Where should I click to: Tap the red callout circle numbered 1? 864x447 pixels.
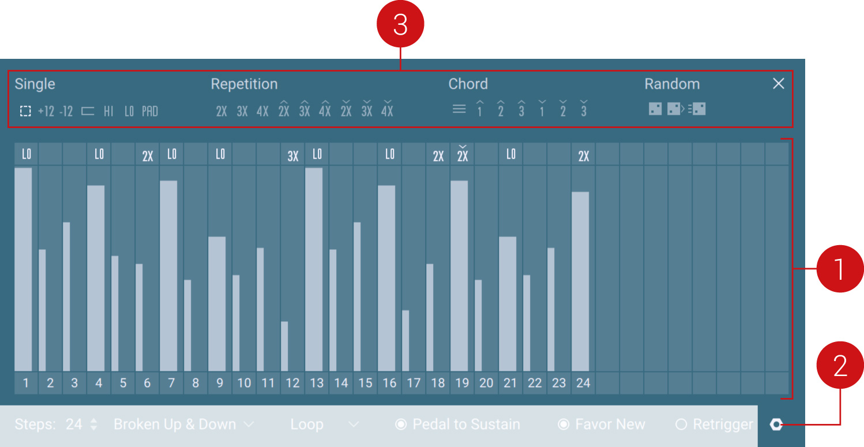coord(840,269)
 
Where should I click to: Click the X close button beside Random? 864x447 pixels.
coord(778,84)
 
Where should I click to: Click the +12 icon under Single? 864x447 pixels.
coord(46,111)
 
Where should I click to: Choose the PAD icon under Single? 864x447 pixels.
coord(150,111)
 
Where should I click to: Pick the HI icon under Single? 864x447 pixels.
coord(108,111)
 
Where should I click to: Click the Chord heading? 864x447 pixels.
coord(468,84)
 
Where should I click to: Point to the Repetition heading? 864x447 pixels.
coord(244,84)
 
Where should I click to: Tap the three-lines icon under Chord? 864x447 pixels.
coord(459,109)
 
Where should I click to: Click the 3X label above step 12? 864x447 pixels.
coord(293,156)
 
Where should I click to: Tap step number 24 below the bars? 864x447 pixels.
coord(583,383)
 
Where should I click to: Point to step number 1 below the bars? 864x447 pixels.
coord(26,383)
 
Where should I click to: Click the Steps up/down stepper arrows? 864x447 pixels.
coord(94,425)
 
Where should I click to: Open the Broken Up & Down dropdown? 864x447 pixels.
coord(183,425)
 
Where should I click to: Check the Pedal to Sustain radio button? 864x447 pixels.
coord(401,425)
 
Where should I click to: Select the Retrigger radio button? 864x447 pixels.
coord(681,425)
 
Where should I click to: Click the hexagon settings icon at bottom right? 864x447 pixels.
coord(776,425)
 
